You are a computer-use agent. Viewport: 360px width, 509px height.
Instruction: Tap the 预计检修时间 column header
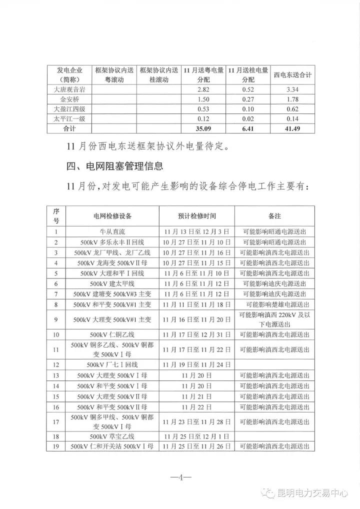coord(196,216)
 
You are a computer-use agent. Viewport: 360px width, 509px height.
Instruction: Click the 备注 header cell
coord(274,216)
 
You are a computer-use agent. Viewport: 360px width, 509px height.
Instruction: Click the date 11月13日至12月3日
coord(196,231)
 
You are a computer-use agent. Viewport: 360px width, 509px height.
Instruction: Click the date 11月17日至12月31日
coord(196,334)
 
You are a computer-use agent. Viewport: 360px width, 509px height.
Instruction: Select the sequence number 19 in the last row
coord(56,446)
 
